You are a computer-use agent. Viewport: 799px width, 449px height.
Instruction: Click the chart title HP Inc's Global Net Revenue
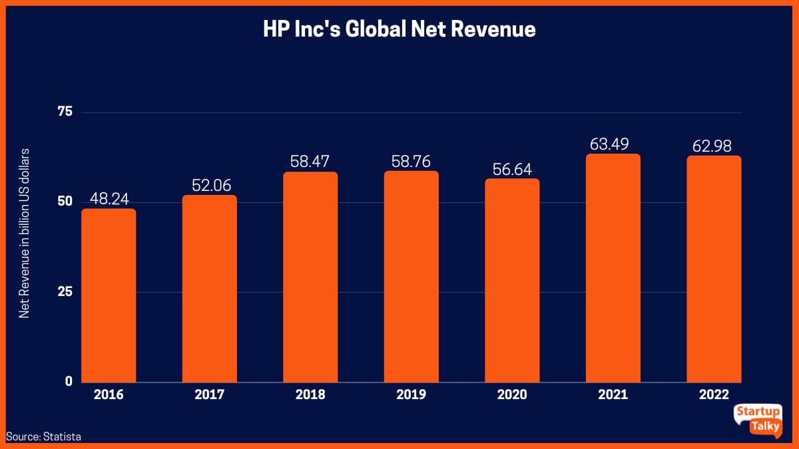(400, 30)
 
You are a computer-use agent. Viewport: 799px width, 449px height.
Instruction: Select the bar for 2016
(109, 295)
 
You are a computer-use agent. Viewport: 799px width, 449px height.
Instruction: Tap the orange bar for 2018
(310, 277)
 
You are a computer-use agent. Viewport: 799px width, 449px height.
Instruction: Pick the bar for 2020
(512, 280)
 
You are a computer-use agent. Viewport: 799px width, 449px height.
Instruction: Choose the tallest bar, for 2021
(613, 268)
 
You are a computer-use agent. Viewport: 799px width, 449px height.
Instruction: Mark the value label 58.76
(411, 162)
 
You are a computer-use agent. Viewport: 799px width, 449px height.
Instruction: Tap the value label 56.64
(512, 169)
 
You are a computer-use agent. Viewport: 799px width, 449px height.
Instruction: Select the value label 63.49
(613, 144)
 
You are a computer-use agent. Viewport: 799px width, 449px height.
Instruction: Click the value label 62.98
(714, 146)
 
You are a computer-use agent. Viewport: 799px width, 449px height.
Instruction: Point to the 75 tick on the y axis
(65, 112)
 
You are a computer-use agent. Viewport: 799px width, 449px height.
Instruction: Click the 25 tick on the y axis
(65, 291)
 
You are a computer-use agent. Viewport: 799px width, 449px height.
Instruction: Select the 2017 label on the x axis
(209, 394)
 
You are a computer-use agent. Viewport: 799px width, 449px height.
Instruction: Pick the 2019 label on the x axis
(411, 394)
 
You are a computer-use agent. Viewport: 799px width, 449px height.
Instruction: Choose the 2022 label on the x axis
(714, 394)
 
